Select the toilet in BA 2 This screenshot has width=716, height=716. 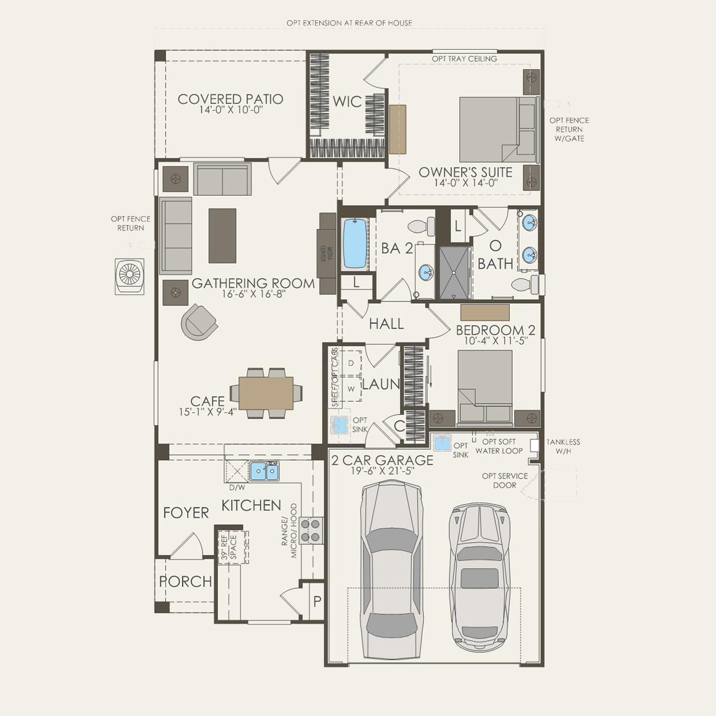point(422,226)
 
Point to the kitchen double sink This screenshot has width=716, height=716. point(264,471)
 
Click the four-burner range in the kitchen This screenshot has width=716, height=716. point(311,530)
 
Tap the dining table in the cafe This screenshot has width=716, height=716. point(266,393)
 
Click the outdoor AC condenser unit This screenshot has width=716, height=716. point(130,277)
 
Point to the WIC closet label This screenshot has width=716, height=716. point(347,102)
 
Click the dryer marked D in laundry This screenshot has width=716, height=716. point(350,363)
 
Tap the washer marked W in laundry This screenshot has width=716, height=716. point(350,389)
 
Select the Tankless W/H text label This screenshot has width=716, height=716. point(563,446)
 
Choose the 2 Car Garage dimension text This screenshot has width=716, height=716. point(383,471)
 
